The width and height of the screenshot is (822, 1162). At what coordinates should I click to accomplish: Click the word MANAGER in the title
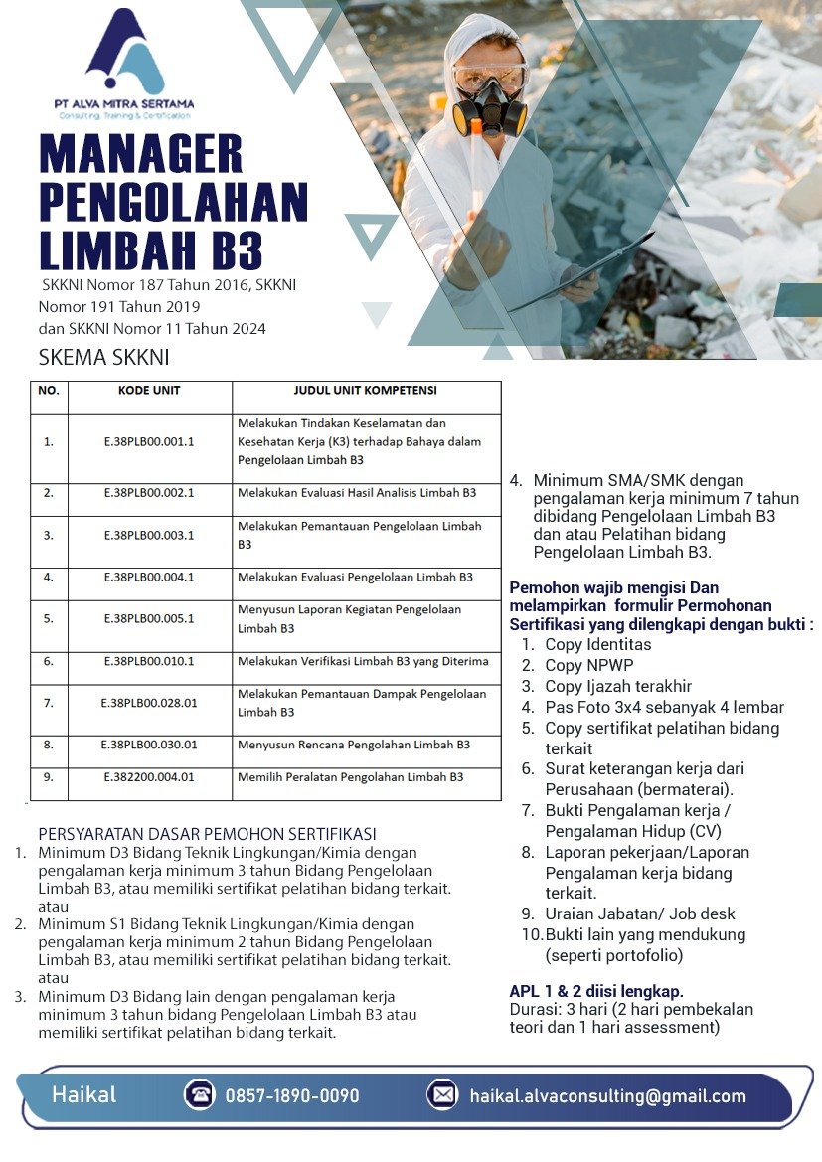pyautogui.click(x=141, y=153)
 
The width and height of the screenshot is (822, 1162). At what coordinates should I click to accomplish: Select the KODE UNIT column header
pyautogui.click(x=149, y=391)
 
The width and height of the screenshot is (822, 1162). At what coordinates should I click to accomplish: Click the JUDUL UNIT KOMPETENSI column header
pyautogui.click(x=365, y=391)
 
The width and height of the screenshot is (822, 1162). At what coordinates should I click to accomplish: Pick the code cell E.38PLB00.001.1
pyautogui.click(x=149, y=442)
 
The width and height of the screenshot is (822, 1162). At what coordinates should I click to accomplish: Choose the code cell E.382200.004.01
pyautogui.click(x=149, y=776)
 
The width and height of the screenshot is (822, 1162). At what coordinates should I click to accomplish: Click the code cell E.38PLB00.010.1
pyautogui.click(x=149, y=661)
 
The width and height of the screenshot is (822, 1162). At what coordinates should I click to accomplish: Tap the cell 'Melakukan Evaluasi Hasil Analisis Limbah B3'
pyautogui.click(x=357, y=493)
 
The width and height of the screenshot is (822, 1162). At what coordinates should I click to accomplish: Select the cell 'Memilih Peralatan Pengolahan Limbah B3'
pyautogui.click(x=351, y=776)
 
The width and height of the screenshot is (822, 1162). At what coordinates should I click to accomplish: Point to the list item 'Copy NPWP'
pyautogui.click(x=588, y=665)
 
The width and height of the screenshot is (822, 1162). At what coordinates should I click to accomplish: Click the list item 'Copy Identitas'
pyautogui.click(x=597, y=644)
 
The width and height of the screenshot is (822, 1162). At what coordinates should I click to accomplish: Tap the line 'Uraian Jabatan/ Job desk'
pyautogui.click(x=640, y=913)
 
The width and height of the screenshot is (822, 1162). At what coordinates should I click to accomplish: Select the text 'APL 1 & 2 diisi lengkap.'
pyautogui.click(x=596, y=991)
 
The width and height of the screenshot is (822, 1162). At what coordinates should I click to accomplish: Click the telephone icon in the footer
pyautogui.click(x=200, y=1095)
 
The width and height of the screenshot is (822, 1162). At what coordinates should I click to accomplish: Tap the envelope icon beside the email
pyautogui.click(x=442, y=1095)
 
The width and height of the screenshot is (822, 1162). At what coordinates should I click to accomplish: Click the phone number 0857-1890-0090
pyautogui.click(x=292, y=1096)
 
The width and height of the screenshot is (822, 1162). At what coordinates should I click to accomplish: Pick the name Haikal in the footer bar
pyautogui.click(x=84, y=1095)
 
